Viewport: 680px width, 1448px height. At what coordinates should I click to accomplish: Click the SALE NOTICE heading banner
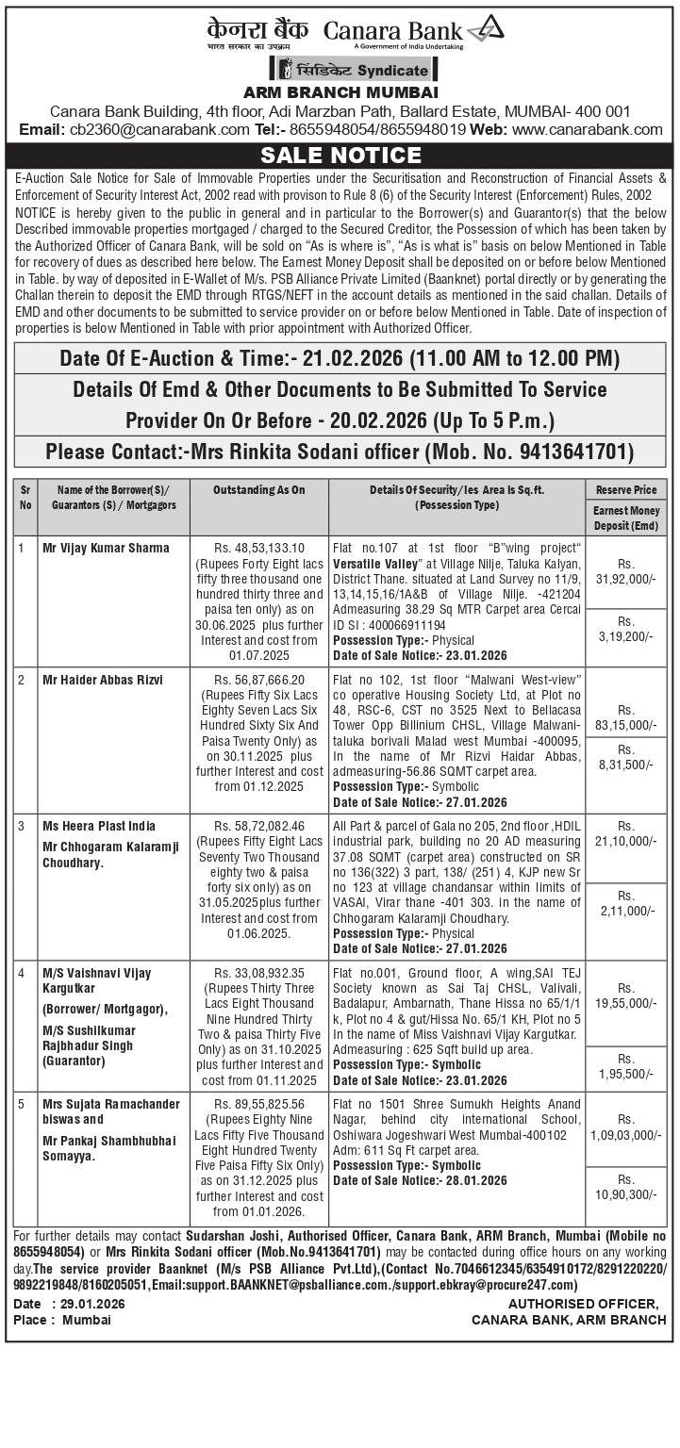click(x=340, y=156)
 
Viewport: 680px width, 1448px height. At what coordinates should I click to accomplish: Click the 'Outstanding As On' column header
click(x=258, y=490)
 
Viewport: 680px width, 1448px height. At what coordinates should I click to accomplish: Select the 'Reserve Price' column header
click(x=625, y=490)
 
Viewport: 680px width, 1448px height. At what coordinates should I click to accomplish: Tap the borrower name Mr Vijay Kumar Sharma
click(x=106, y=548)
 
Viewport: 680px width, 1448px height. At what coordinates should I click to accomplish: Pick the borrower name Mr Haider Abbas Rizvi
click(x=103, y=680)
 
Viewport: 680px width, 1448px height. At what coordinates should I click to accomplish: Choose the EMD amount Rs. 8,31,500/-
click(x=625, y=757)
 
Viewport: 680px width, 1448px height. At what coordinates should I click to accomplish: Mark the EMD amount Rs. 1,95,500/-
click(x=625, y=1066)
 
